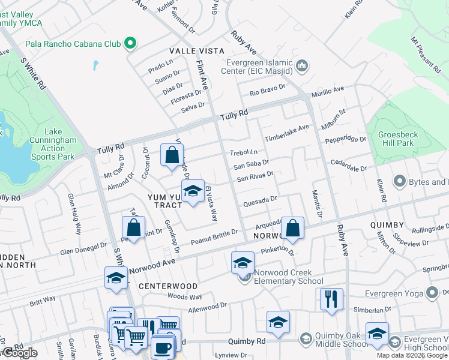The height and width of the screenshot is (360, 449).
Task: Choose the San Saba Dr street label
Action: tap(251, 164)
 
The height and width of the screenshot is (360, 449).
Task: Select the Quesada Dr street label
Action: tap(260, 200)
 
